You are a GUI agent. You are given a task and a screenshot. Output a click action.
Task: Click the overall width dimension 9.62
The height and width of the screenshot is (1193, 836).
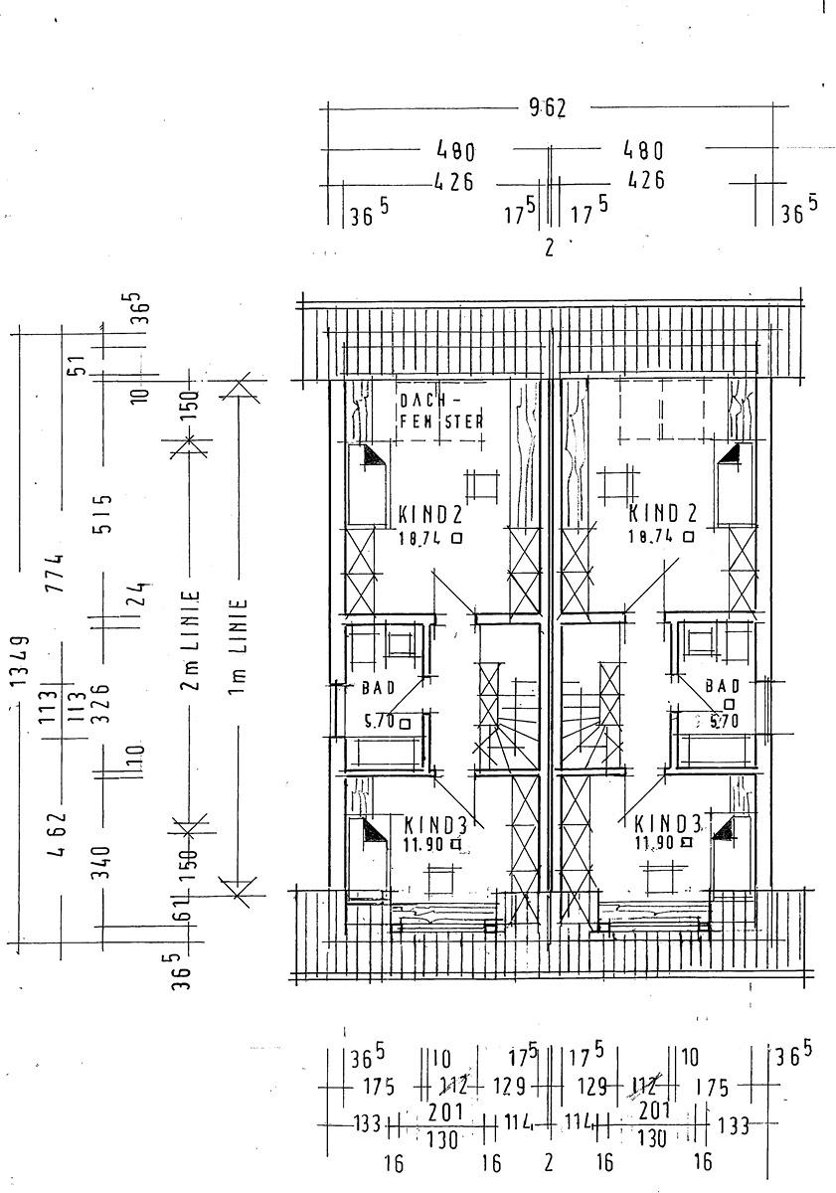tap(548, 108)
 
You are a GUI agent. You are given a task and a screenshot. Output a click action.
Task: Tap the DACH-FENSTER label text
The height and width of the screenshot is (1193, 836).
tap(440, 411)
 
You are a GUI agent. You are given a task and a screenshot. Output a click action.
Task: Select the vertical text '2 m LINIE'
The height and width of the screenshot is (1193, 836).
tap(192, 640)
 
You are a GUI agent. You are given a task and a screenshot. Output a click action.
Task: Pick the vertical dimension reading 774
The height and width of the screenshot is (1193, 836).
tap(61, 573)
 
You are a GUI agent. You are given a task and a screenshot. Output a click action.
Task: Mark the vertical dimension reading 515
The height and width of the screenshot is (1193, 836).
tap(104, 513)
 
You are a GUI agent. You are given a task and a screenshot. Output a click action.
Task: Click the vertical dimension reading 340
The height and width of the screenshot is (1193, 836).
tap(104, 862)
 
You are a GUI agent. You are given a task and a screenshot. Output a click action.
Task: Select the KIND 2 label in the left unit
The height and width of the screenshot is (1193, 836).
tap(430, 515)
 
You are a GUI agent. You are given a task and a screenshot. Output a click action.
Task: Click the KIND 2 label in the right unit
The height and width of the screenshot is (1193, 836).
tap(662, 514)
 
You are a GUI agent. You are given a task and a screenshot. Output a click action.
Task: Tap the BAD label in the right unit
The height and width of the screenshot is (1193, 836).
tap(723, 685)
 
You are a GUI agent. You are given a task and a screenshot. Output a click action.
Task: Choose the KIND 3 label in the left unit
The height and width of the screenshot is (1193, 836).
tap(436, 824)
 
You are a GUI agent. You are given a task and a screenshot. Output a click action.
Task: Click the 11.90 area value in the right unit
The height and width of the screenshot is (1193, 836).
tap(655, 843)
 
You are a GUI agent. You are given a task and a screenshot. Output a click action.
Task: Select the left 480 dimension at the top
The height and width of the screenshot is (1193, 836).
tap(455, 152)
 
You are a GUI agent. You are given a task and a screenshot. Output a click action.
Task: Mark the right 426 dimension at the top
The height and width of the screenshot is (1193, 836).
tap(644, 181)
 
